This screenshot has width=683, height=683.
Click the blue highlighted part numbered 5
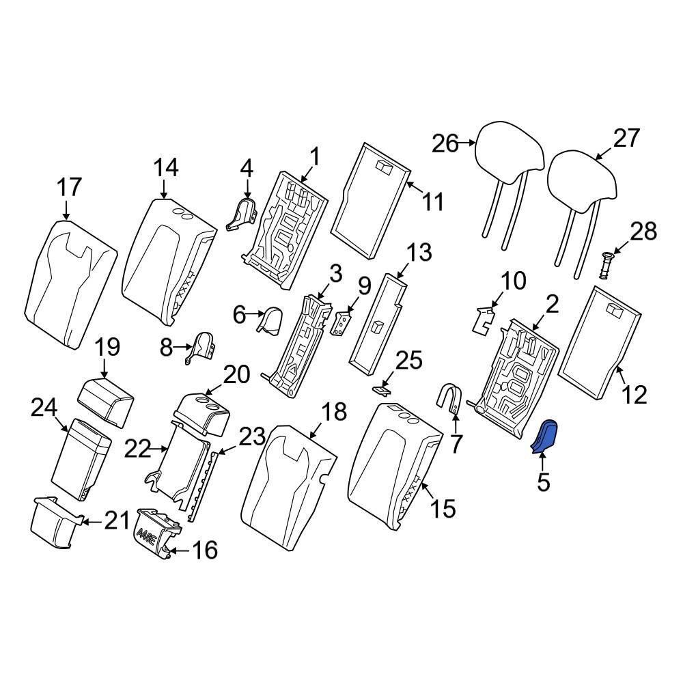coord(544,437)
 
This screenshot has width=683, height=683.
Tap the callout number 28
coord(643,232)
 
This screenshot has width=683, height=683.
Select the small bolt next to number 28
coord(605,266)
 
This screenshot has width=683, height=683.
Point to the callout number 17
coord(69,187)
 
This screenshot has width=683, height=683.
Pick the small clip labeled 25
coord(380,389)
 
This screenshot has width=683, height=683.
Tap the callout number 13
coord(419,253)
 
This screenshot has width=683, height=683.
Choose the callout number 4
coord(247,169)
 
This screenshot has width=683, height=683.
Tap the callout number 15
coord(443,508)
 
